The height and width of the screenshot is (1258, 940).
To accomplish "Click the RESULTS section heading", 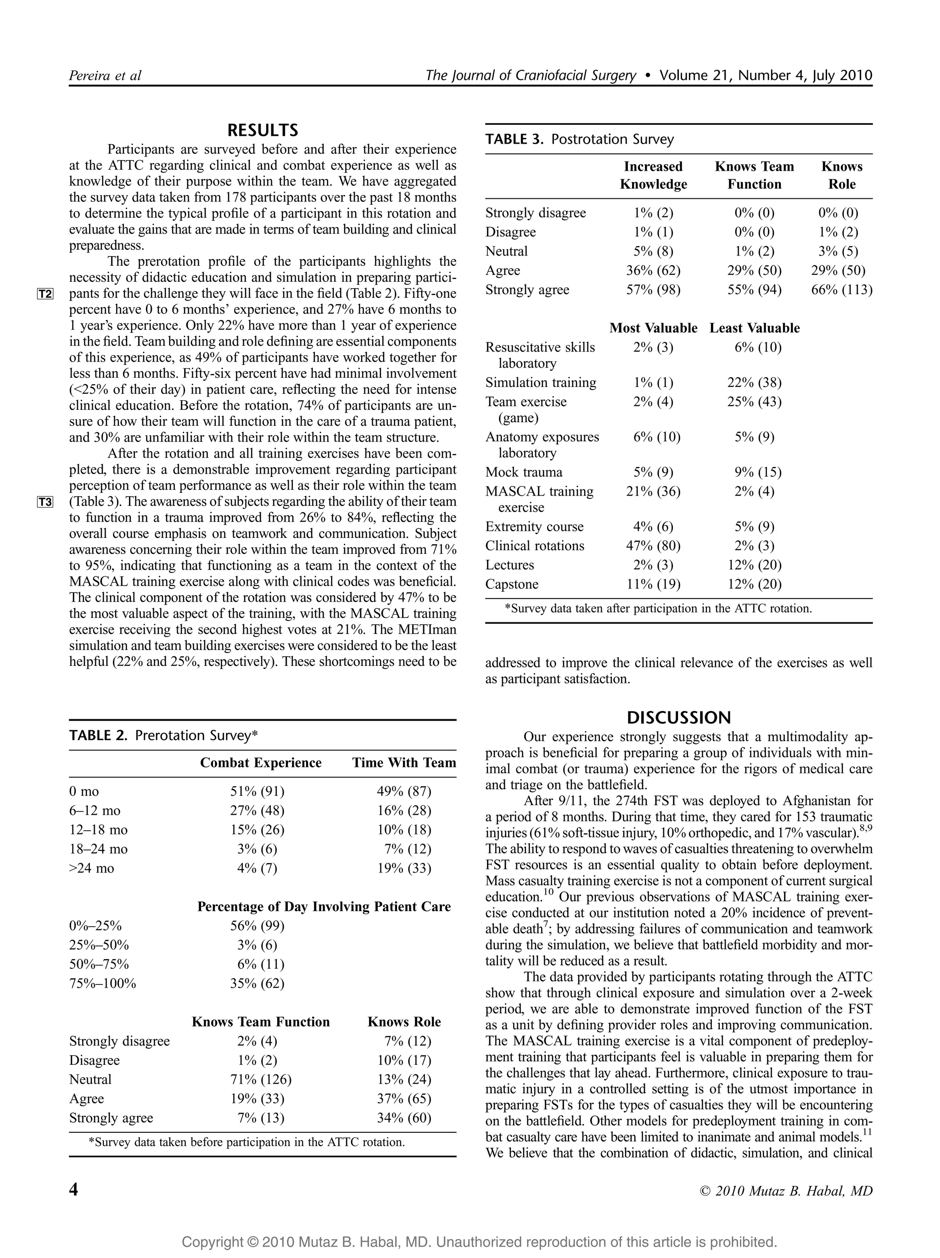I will (x=262, y=130).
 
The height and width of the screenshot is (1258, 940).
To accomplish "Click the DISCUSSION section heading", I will (x=678, y=717).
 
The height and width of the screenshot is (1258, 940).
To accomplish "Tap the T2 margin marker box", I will (x=45, y=294).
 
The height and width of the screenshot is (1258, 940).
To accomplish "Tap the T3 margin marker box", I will (x=45, y=502).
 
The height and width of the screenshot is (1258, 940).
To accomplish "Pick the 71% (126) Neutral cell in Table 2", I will (x=260, y=1079).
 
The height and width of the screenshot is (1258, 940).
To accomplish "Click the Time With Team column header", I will (x=404, y=763).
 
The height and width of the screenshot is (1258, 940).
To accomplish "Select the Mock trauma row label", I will (x=523, y=472).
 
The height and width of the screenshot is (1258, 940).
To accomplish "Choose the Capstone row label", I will (x=511, y=584).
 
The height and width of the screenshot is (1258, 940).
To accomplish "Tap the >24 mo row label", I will (x=91, y=868).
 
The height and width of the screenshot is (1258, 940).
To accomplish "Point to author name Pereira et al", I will (x=105, y=76).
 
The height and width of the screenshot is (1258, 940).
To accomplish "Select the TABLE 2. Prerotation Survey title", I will (x=163, y=735).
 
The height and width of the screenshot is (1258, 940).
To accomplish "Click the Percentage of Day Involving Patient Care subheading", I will (x=324, y=906).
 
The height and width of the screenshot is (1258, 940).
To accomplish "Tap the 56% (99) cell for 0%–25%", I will (x=257, y=926).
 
